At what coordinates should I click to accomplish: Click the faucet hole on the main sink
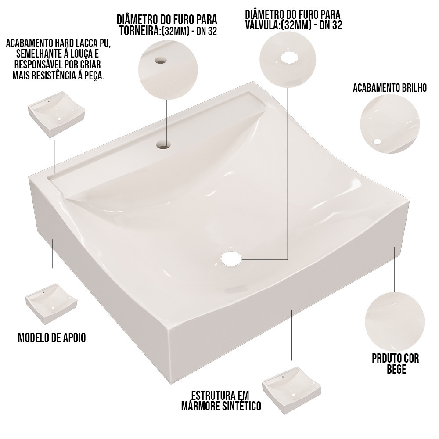pyautogui.click(x=164, y=145)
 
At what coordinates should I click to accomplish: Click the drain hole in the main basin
pyautogui.click(x=231, y=259)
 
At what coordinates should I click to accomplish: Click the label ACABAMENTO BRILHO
pyautogui.click(x=390, y=88)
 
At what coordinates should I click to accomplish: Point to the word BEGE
pyautogui.click(x=396, y=369)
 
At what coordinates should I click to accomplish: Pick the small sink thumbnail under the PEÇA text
pyautogui.click(x=56, y=115)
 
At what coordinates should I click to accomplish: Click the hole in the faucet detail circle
pyautogui.click(x=161, y=60)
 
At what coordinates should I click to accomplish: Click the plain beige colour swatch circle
pyautogui.click(x=395, y=321)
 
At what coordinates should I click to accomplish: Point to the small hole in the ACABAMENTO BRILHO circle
pyautogui.click(x=378, y=142)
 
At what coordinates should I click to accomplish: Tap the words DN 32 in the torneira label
pyautogui.click(x=207, y=31)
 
